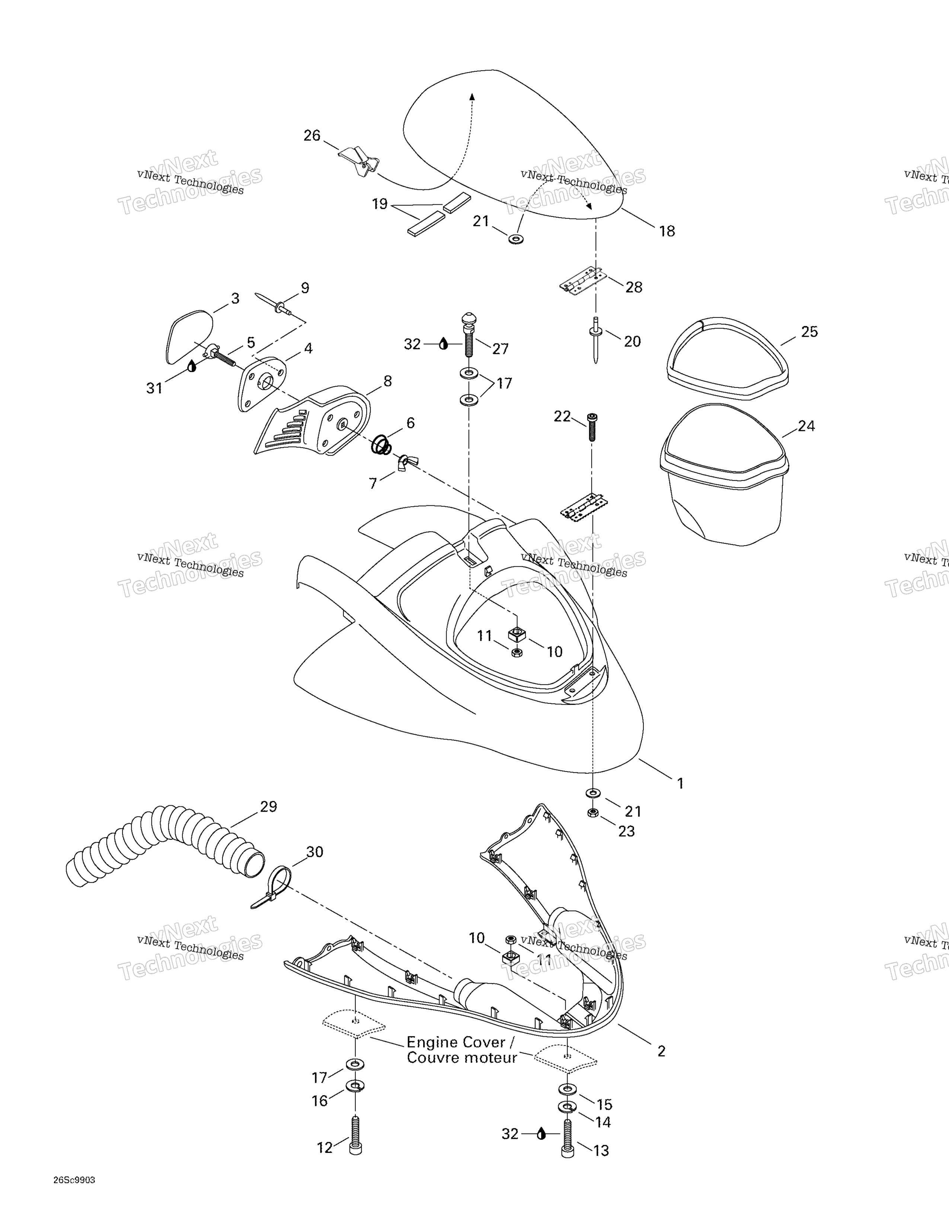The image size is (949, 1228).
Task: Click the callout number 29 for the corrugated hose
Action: (x=268, y=807)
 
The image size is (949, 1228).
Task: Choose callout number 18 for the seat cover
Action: (x=667, y=231)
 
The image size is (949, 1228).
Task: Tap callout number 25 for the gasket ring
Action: (x=809, y=332)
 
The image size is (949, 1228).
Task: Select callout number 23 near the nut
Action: (x=626, y=831)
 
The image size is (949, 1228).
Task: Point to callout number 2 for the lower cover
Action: (x=661, y=1051)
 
